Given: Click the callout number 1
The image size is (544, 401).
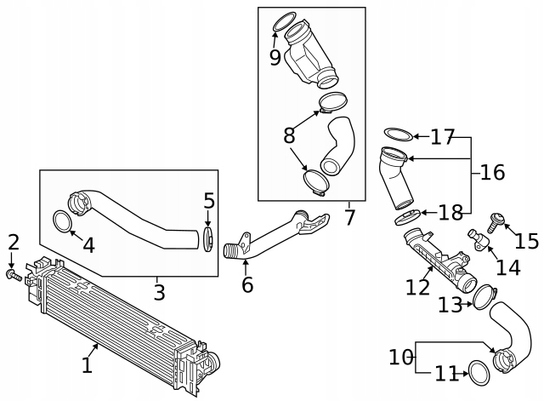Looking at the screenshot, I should (87, 366).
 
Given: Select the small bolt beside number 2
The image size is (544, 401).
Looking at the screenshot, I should (12, 275).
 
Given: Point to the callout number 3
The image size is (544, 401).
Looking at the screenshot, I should (159, 293).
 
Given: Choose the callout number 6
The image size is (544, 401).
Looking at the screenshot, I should (247, 284).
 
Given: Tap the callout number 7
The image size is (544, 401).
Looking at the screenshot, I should (349, 217).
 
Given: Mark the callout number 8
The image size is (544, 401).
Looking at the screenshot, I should (289, 135).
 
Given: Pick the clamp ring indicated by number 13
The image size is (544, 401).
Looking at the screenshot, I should (483, 296).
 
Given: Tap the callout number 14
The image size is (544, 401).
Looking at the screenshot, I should (507, 267).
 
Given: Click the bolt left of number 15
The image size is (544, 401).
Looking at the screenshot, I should (493, 223).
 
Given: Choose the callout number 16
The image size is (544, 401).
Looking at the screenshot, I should (492, 173).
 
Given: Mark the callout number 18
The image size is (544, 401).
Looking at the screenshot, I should (451, 212).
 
